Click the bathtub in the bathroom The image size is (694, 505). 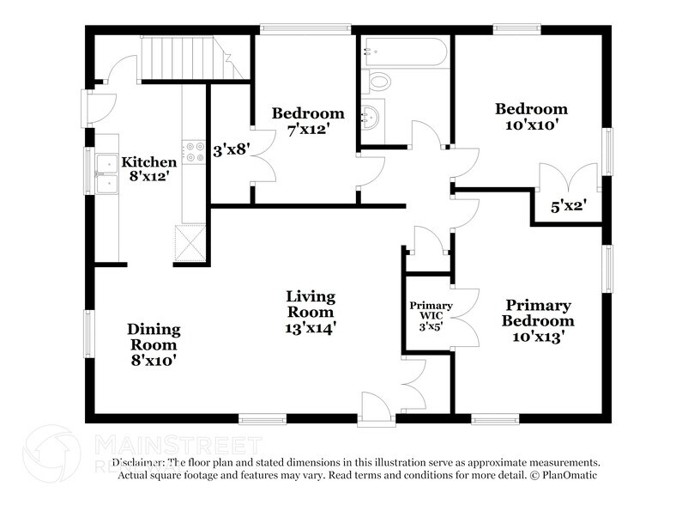pyautogui.click(x=404, y=52)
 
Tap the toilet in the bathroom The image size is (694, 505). pyautogui.click(x=378, y=82)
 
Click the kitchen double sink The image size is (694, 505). pyautogui.click(x=107, y=172)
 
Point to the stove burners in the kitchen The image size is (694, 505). pyautogui.click(x=195, y=158)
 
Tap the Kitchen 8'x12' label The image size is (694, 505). pyautogui.click(x=149, y=169)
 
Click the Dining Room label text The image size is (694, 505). pyautogui.click(x=154, y=344)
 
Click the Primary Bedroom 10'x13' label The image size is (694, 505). pyautogui.click(x=538, y=320)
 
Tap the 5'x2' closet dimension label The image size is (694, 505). pyautogui.click(x=566, y=205)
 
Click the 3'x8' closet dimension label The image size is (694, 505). pyautogui.click(x=230, y=149)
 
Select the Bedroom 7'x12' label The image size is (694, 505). pyautogui.click(x=308, y=121)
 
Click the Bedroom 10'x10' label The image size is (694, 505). pyautogui.click(x=531, y=117)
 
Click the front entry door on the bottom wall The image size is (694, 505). pyautogui.click(x=376, y=406)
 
